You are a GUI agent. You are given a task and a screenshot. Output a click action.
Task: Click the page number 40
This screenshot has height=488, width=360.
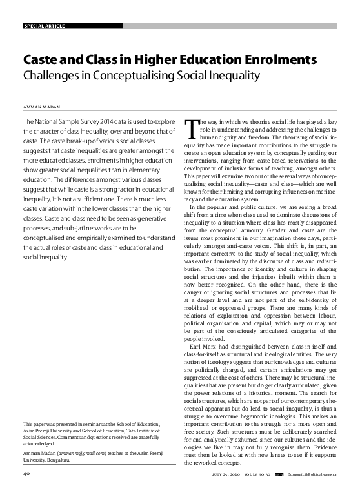click(x=27, y=474)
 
